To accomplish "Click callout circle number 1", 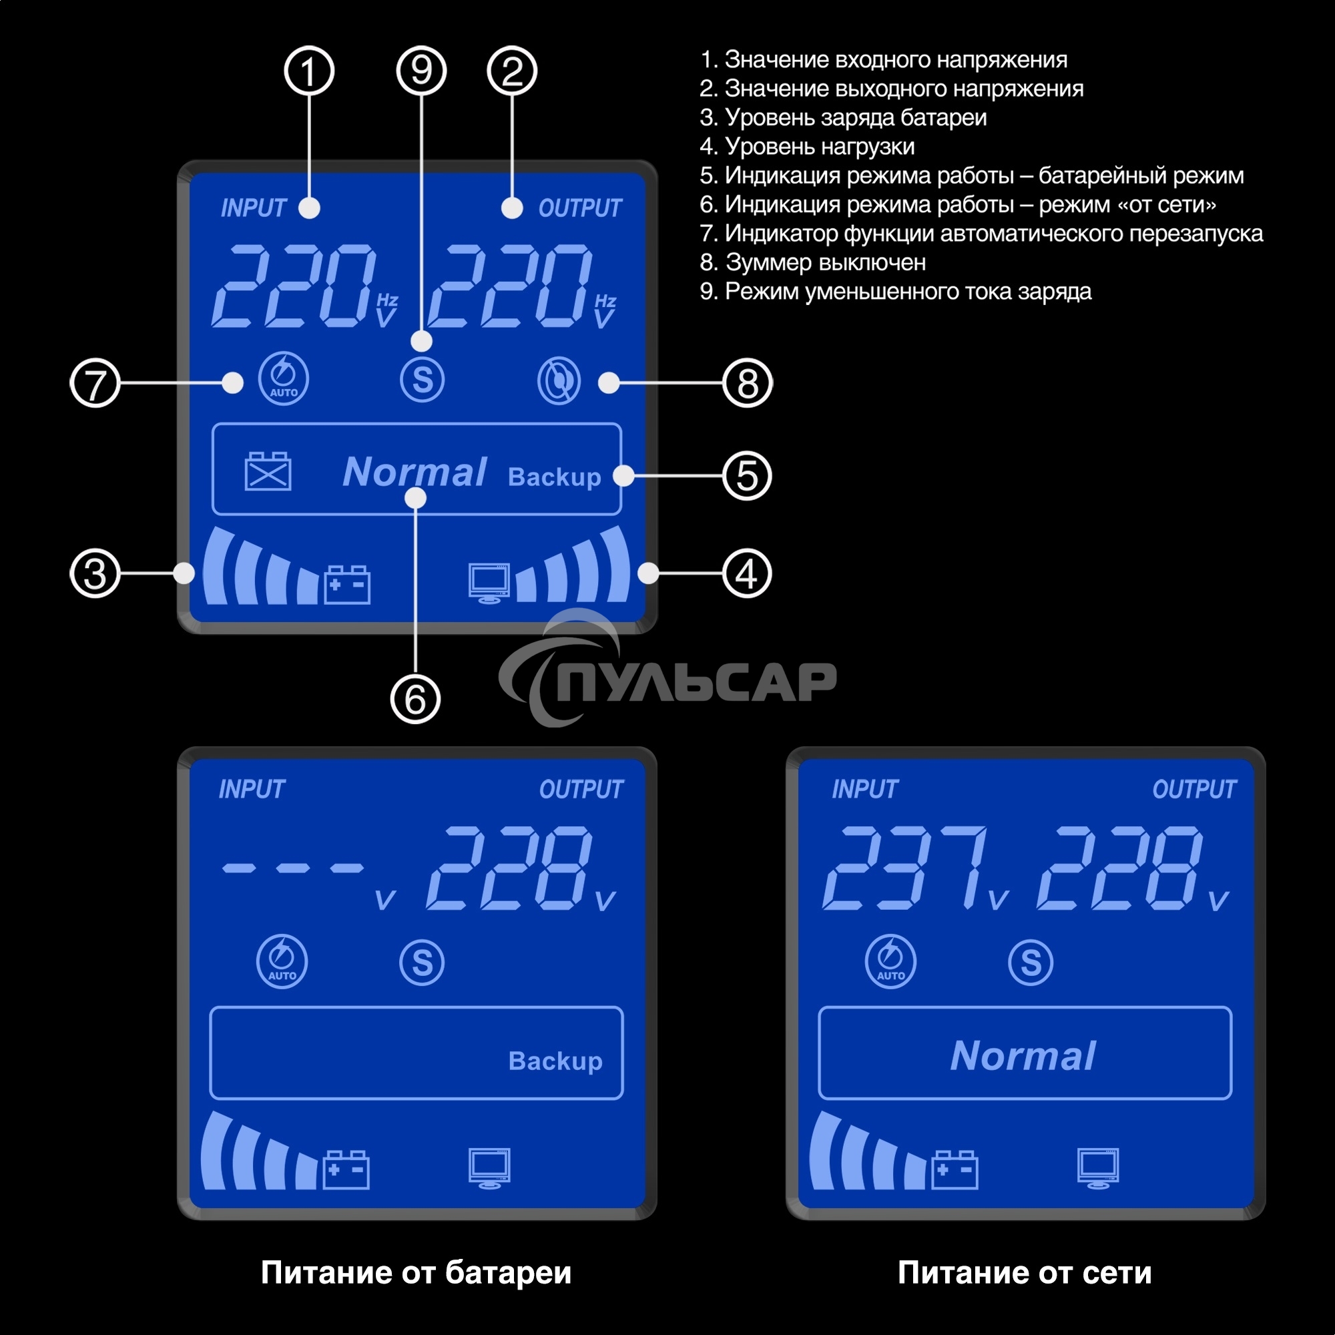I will click(309, 71).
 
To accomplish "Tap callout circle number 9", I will click(421, 71).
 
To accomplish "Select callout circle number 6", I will click(415, 699).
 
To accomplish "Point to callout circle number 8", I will click(747, 382).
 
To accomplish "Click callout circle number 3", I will click(95, 573).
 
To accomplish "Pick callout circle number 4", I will click(747, 573).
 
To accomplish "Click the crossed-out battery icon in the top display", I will click(268, 472).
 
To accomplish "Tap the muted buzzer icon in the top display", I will click(559, 380).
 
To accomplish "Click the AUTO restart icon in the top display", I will click(283, 378).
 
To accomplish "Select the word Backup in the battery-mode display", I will click(555, 1061).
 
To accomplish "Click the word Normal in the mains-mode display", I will click(1023, 1056).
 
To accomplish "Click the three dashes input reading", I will click(292, 868).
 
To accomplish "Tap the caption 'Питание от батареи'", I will click(416, 1272).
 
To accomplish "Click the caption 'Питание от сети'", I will click(1025, 1272).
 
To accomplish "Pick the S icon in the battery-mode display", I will click(421, 963).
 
